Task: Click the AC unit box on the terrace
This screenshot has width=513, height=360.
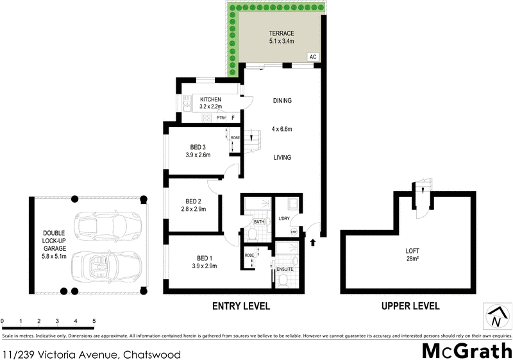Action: tap(313, 57)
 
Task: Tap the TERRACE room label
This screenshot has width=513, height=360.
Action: tap(280, 33)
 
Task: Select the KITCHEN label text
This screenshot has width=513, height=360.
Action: tap(210, 99)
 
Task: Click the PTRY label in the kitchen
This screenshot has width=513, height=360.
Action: tap(221, 118)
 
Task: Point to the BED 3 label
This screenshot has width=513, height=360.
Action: tap(198, 146)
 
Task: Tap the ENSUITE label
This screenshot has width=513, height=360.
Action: tap(285, 269)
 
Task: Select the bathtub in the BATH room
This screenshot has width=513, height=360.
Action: tap(257, 206)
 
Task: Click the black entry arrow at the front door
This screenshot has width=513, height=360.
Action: tap(313, 243)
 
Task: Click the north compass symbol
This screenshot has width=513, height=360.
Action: tap(495, 316)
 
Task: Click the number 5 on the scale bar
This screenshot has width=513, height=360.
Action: tap(94, 320)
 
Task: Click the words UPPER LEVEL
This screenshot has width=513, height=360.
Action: tap(410, 306)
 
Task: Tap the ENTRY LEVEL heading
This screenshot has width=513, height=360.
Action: tap(240, 306)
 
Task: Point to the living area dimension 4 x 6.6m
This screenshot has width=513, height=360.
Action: tap(282, 129)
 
